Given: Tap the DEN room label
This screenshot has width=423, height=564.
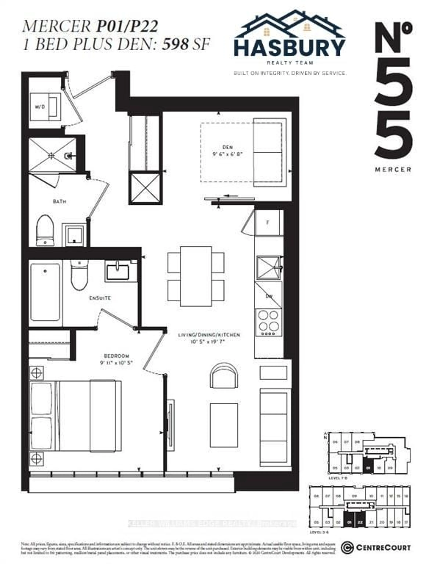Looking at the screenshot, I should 227,147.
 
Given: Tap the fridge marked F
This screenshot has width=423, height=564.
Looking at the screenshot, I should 268,223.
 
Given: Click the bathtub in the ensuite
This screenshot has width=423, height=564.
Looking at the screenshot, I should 45,292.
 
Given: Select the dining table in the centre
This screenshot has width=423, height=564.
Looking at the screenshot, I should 196,276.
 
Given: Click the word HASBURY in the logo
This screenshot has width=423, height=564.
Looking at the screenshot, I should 290,48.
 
